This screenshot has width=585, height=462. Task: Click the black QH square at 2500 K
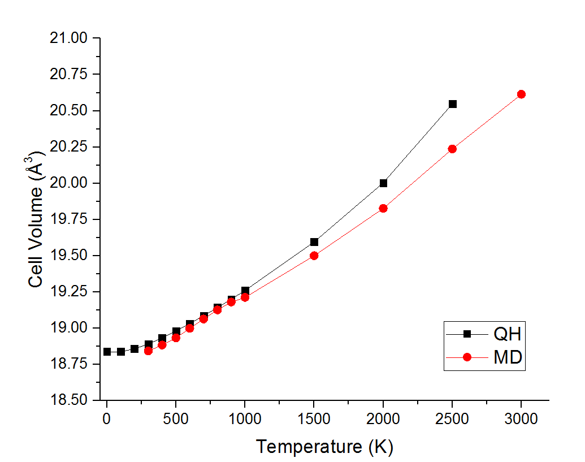(452, 104)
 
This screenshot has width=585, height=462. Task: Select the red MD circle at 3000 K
(521, 94)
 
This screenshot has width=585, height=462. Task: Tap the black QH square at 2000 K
(383, 183)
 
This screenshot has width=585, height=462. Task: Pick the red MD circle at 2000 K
(383, 208)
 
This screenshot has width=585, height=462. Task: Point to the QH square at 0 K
(107, 352)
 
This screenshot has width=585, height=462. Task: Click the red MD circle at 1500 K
(314, 256)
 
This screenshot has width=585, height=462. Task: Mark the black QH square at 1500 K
(314, 242)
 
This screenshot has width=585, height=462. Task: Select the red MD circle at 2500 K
(452, 149)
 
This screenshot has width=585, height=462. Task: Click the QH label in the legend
(507, 334)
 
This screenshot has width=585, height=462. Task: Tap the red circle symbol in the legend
(467, 357)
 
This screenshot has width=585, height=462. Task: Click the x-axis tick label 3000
(521, 419)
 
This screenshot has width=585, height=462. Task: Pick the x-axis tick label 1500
(314, 419)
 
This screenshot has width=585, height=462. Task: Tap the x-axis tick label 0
(107, 419)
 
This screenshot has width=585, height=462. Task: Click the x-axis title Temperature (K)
(324, 447)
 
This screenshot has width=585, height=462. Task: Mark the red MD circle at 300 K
(148, 351)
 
